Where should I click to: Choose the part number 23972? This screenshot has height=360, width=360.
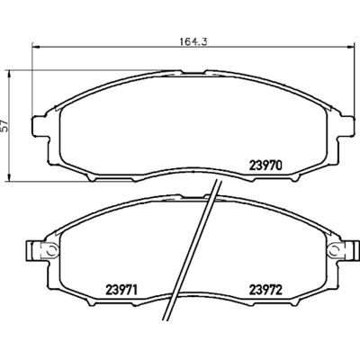pos(266,290)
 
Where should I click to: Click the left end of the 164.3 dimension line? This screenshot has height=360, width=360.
pos(31,46)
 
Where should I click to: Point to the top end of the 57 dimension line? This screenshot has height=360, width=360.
pos(11,67)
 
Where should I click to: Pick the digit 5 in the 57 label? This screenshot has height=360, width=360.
pos(5,123)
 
